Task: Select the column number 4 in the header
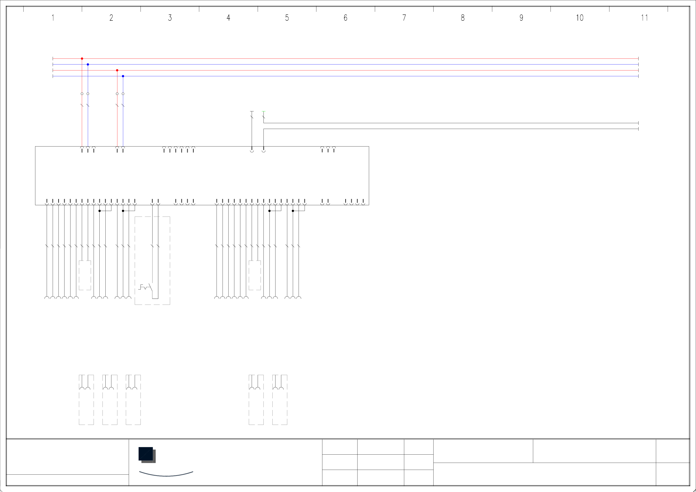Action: [x=228, y=18]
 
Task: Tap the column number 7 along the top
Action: [x=404, y=18]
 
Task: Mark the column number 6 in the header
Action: [x=346, y=18]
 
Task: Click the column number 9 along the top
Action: [x=521, y=18]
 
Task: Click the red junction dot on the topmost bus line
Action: [x=82, y=58]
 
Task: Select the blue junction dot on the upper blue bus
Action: [x=88, y=64]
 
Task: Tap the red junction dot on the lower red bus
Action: [x=117, y=70]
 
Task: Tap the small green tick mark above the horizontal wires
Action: [x=263, y=111]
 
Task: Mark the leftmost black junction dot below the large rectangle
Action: [x=99, y=211]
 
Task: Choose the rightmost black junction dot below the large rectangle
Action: [x=293, y=211]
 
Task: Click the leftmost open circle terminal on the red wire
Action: [x=82, y=94]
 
